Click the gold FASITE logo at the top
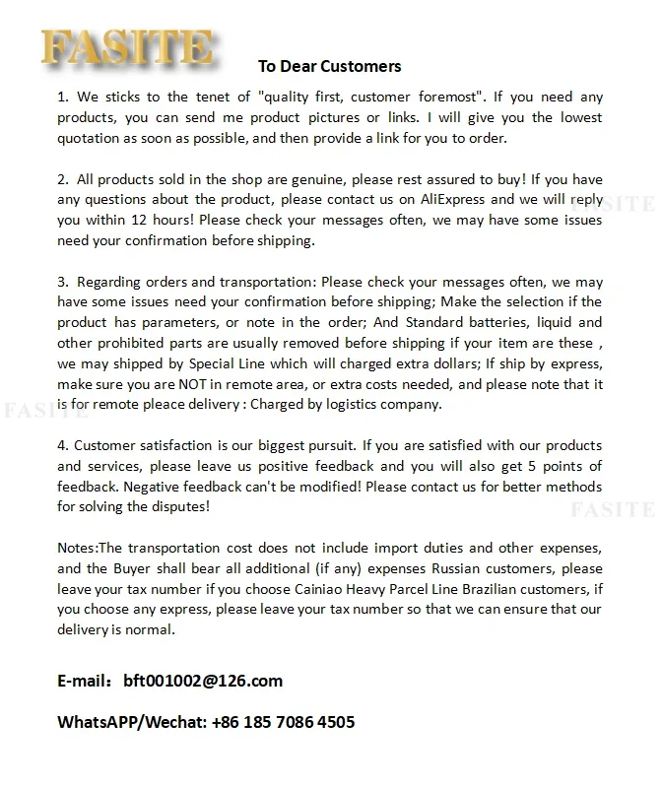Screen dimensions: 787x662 [x=126, y=48]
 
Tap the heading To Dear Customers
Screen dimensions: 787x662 [x=330, y=67]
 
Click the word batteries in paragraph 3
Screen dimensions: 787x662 [x=454, y=322]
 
